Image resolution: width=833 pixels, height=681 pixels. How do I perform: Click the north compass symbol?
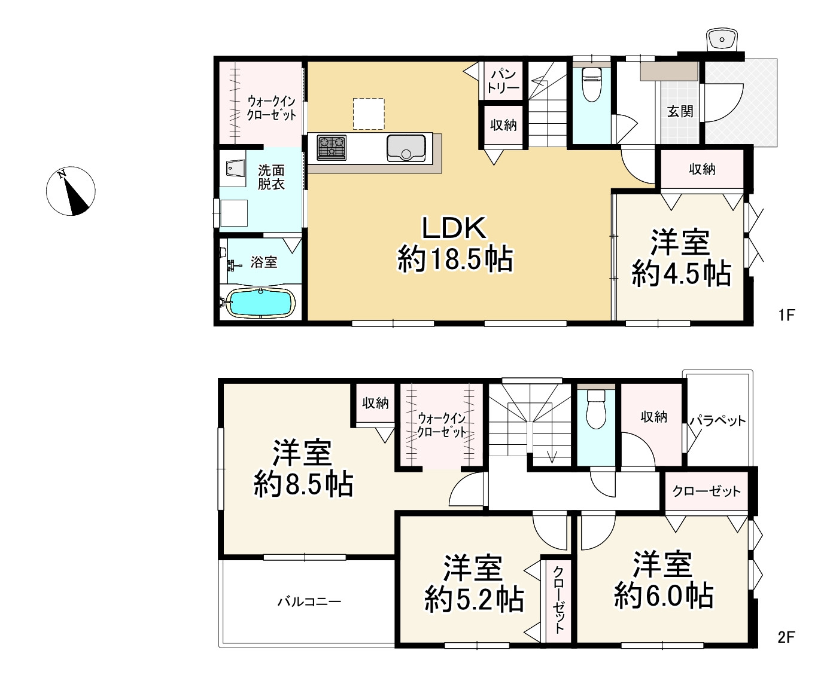(x=71, y=191)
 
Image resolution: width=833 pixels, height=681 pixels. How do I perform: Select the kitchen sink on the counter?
(x=406, y=148)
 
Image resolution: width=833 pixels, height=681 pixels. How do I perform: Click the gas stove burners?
(x=332, y=147)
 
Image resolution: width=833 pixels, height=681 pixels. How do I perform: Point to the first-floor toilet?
(x=592, y=85)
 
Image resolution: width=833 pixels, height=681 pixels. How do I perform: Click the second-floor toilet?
(x=596, y=409)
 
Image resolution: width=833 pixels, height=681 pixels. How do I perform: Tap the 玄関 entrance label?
(x=680, y=112)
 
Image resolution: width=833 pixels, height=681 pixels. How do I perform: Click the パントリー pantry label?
(x=503, y=81)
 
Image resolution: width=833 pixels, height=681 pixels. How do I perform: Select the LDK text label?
(x=454, y=228)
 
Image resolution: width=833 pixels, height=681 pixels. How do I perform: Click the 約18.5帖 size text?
(x=455, y=259)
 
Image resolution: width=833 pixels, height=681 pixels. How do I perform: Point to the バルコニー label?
(x=309, y=601)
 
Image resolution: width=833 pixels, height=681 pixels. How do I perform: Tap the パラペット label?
(x=718, y=420)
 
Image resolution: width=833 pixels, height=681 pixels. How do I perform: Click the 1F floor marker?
(x=786, y=315)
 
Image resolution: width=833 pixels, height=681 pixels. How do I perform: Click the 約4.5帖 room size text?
(x=682, y=273)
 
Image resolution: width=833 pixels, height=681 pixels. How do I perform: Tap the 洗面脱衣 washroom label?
(x=271, y=177)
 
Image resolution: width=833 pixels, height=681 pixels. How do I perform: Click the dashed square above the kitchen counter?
(x=369, y=114)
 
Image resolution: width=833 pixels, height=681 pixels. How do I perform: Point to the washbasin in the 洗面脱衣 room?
(x=235, y=169)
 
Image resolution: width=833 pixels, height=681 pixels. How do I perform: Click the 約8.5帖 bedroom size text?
(x=303, y=484)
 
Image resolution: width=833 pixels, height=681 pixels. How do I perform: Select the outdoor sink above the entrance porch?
(x=722, y=39)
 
